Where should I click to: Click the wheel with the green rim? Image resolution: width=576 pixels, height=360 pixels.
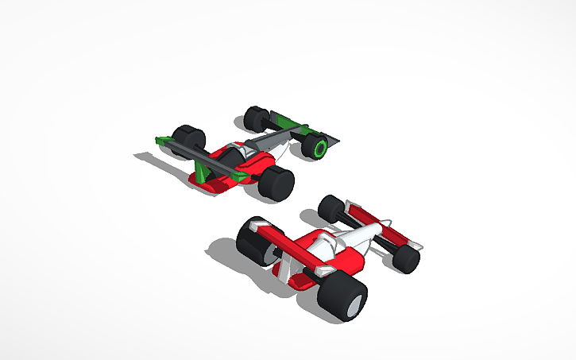[319, 149]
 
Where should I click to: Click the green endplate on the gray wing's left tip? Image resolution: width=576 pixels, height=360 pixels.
[164, 142]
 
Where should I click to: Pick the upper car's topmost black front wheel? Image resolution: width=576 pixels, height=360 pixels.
[257, 118]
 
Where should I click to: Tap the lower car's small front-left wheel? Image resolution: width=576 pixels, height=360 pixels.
[331, 208]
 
